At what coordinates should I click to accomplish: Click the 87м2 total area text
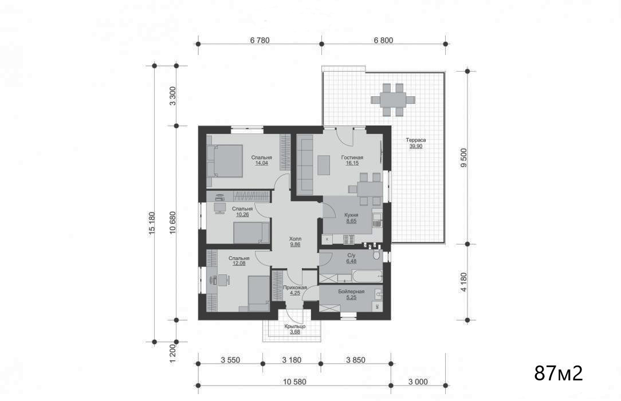coord(559,373)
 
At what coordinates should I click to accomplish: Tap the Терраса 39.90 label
coord(416,143)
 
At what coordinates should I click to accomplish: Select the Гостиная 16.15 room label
coord(352,160)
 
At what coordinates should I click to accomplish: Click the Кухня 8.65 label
coord(351,218)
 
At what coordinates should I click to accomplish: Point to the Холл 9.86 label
coord(295,242)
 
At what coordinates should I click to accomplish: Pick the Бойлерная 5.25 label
coord(351,294)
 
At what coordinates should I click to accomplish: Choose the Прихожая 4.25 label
coord(295,290)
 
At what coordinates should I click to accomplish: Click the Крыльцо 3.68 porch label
coord(295,329)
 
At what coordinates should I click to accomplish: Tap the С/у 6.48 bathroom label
coord(351,258)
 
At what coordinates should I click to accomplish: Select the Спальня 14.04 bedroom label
coord(262,160)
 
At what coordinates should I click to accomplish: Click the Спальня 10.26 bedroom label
coord(242,211)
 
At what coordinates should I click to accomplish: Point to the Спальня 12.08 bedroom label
coord(239,261)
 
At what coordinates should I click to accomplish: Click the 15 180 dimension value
coord(152,223)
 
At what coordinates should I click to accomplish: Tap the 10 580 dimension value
coord(295,382)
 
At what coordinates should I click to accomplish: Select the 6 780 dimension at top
coord(260,40)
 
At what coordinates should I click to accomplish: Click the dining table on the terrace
coord(393,99)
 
